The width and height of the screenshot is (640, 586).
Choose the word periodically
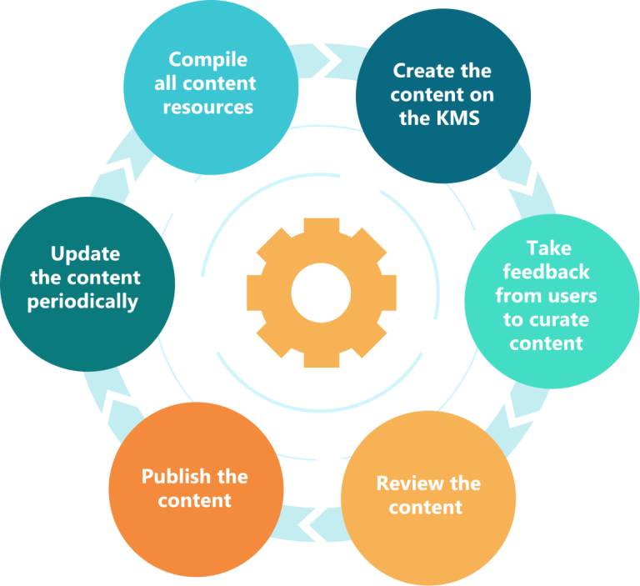coord(82,301)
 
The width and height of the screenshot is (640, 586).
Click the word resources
coord(207,107)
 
